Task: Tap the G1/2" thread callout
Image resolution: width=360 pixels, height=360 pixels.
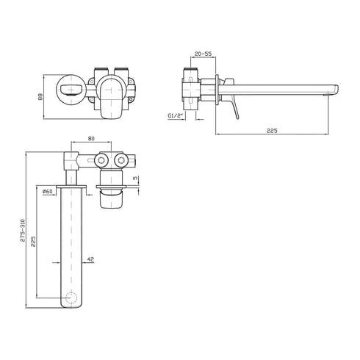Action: point(176,116)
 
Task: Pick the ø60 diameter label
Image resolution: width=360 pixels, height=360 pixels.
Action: point(48,192)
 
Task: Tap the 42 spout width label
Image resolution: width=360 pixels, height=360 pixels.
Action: point(90,259)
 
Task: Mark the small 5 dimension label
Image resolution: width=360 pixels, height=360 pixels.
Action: point(135,178)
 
